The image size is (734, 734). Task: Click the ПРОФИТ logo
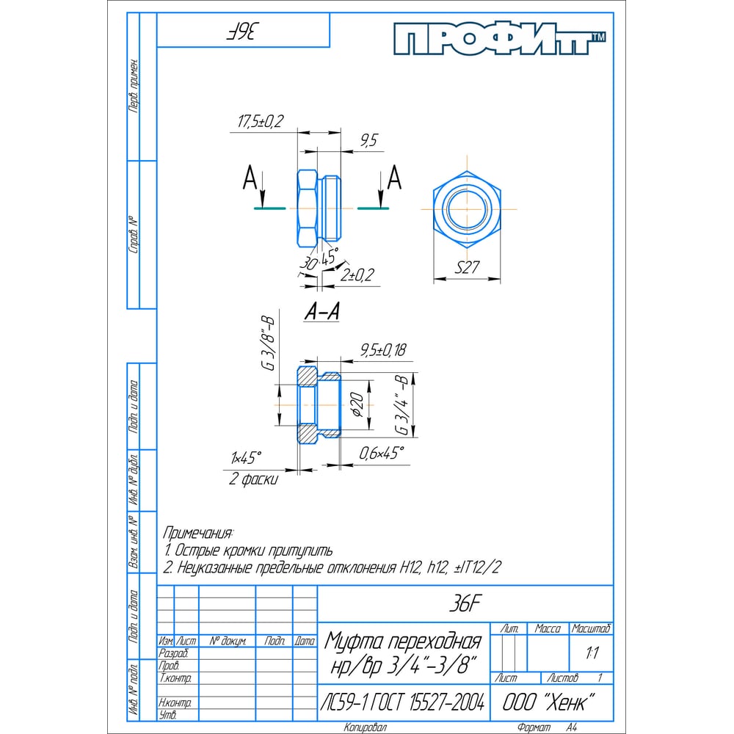pos(499,40)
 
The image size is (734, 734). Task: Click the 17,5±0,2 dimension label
pos(261,121)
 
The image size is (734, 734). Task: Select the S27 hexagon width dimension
pos(467,267)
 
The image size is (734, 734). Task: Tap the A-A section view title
pos(322,311)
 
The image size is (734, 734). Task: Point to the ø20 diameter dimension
pos(357,404)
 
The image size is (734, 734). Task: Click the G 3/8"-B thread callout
pos(268,344)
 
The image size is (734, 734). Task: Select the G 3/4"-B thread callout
pos(403,404)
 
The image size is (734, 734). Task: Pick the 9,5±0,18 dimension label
pos(383,349)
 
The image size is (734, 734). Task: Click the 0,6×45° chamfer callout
pos(381,453)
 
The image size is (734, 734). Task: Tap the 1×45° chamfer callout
pos(246,457)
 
